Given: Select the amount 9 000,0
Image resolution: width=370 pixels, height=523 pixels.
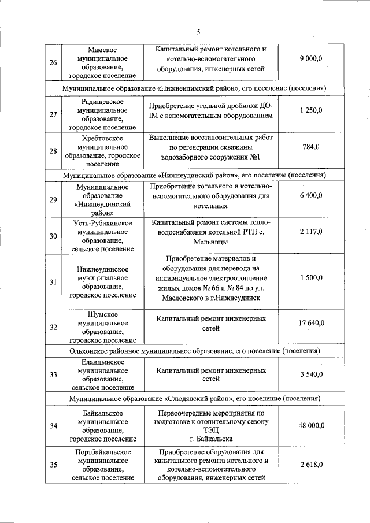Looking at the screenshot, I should (310, 59).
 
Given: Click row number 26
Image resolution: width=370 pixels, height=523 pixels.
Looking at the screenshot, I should (53, 63).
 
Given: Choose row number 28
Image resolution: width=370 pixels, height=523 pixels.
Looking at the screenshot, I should (53, 151).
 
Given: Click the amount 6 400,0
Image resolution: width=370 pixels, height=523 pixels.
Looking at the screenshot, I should (310, 196).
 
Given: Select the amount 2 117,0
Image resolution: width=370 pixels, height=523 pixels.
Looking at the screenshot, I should (310, 232).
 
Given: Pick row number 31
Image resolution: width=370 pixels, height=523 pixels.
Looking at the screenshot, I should (53, 282).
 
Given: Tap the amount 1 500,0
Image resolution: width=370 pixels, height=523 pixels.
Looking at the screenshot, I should (310, 278).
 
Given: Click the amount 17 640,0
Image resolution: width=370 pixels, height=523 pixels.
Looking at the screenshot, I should (311, 323).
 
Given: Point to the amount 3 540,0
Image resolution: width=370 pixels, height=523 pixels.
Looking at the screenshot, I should (310, 374).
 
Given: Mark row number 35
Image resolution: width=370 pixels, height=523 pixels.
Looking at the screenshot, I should (53, 465).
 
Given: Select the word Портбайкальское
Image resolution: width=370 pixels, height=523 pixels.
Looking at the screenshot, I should (103, 452).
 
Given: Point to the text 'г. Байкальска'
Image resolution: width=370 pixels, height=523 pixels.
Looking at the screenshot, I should (210, 439).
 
